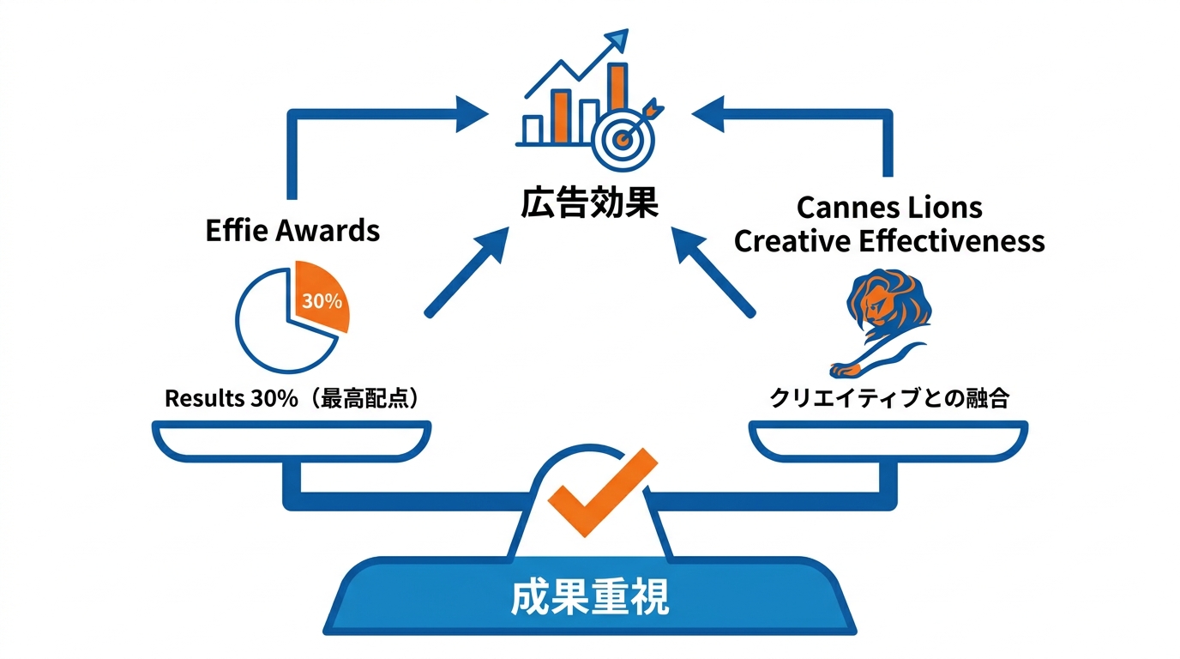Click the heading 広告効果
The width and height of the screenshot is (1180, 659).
[x=589, y=203]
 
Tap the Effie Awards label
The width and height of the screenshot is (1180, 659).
[x=292, y=230]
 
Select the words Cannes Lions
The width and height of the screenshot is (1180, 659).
[x=889, y=208]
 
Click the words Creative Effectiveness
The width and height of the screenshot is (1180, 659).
[x=889, y=241]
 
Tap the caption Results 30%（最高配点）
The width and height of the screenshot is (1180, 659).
[x=293, y=398]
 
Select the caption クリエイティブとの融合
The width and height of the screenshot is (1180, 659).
[x=889, y=398]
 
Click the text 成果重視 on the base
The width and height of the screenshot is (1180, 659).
[x=589, y=597]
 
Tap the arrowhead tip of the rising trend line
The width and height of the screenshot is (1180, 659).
[x=628, y=31]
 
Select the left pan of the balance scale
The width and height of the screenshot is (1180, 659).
[x=292, y=441]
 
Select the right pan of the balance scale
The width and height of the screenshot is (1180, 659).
[x=888, y=441]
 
